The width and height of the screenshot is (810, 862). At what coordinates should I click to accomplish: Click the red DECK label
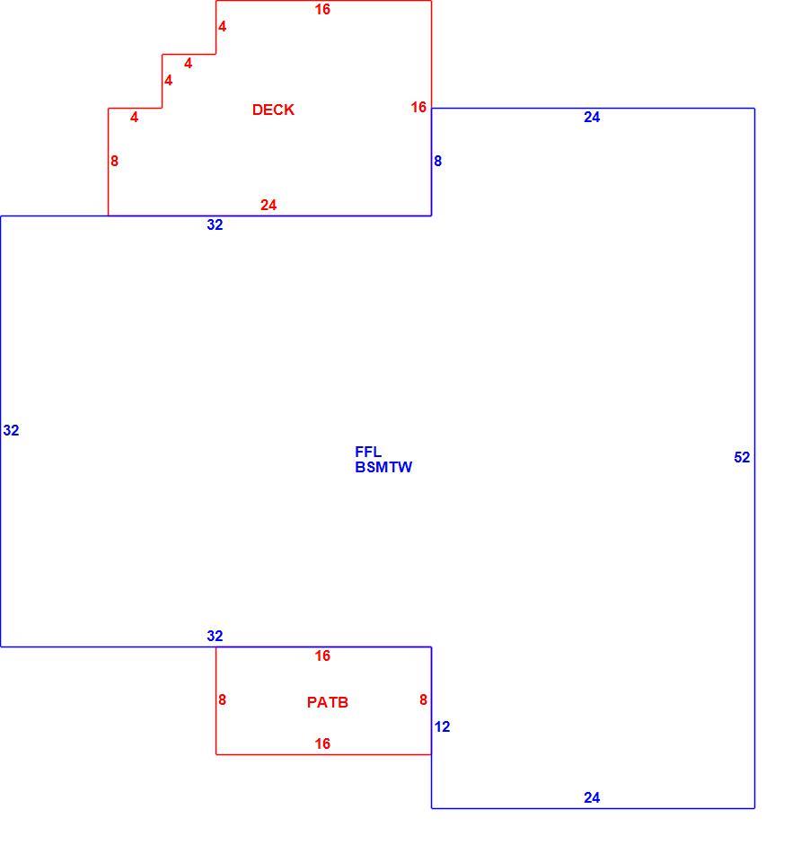(x=273, y=110)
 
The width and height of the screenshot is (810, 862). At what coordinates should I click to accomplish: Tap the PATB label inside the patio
(x=328, y=702)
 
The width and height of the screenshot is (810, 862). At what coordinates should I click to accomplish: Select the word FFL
(x=368, y=452)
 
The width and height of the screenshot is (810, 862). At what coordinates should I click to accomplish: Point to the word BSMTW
(x=383, y=467)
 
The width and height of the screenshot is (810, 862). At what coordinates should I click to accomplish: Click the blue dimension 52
(x=742, y=457)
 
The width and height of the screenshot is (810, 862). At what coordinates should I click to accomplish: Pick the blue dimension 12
(x=442, y=726)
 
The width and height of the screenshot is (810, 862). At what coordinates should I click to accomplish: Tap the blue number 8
(x=437, y=161)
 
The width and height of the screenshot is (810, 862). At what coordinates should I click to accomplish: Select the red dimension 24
(x=269, y=205)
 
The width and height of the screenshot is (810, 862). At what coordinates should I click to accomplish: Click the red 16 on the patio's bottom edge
(x=322, y=743)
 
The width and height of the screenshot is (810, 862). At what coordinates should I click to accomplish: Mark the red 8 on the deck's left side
(x=114, y=161)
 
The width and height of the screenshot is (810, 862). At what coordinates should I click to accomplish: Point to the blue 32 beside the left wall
(x=11, y=430)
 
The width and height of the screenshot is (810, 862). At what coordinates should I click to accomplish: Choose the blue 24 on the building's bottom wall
(x=592, y=797)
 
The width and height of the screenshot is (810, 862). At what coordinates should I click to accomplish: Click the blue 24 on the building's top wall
(x=592, y=117)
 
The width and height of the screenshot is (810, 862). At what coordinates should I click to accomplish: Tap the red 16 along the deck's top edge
(x=322, y=9)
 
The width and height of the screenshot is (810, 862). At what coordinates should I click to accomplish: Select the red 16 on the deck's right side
(x=418, y=107)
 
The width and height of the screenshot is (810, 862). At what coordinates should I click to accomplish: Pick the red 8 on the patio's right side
(x=424, y=699)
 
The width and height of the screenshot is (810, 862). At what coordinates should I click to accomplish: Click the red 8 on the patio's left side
(x=222, y=699)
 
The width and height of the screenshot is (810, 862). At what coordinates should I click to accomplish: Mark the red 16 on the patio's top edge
(x=322, y=655)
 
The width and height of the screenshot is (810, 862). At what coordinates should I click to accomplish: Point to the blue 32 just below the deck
(x=215, y=224)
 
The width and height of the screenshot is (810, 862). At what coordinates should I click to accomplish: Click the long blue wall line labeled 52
(x=754, y=458)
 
